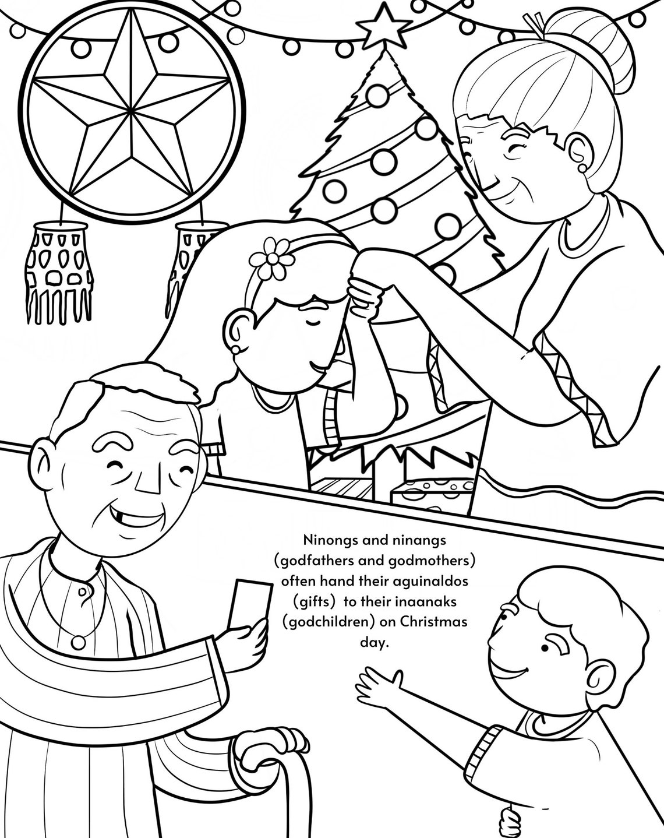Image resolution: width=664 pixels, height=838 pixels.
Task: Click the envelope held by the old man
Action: (x=249, y=604)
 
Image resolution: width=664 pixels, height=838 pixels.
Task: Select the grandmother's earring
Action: (x=582, y=168)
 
